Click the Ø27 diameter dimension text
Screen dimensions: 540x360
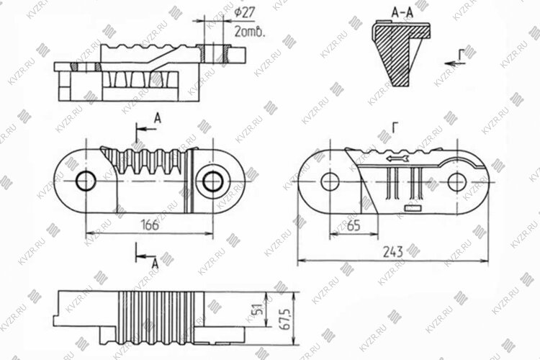click(245, 13)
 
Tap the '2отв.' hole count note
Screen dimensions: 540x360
click(250, 32)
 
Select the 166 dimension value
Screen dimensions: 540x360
click(150, 225)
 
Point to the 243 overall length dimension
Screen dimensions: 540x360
click(392, 252)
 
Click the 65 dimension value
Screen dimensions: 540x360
click(354, 225)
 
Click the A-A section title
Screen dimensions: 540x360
click(402, 13)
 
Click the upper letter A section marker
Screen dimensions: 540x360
click(158, 119)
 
